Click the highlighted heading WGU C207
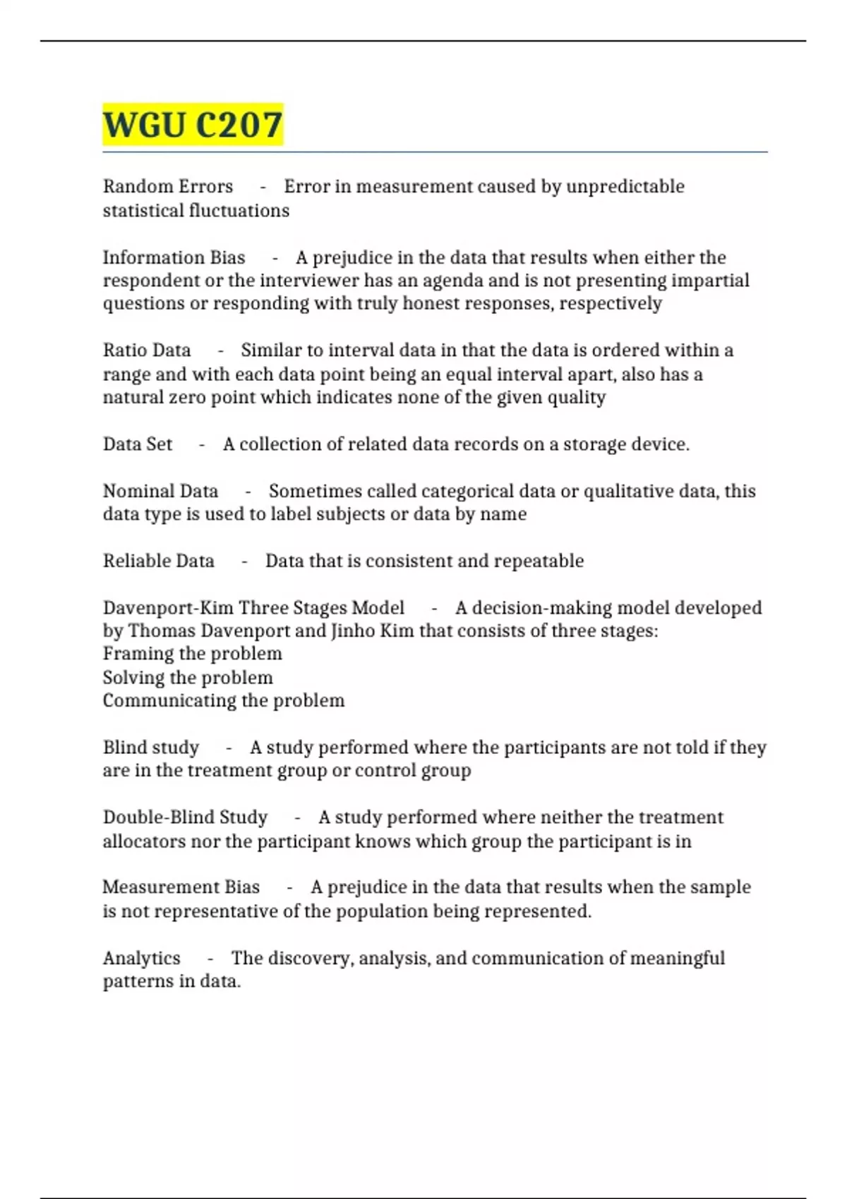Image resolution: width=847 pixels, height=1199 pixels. pos(193,125)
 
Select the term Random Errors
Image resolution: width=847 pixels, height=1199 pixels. pos(168,186)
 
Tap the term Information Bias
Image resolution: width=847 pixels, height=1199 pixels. pos(174,257)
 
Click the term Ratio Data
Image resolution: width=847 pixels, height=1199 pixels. pos(147,351)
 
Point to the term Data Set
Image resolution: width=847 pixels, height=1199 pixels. pos(138,444)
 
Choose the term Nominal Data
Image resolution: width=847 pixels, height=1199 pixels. pos(160,491)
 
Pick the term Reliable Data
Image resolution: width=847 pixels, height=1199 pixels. pos(159,561)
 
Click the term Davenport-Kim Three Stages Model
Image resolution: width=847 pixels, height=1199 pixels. pos(253,608)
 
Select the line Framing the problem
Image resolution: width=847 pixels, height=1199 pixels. pos(192,654)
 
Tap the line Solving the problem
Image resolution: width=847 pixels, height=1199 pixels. pos(188,678)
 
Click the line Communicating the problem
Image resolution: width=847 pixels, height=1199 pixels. pos(224,701)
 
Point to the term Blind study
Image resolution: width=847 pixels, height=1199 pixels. pos(151,748)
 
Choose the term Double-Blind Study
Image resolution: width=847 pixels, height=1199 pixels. pos(185,817)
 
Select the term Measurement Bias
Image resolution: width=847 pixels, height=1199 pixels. pos(181,887)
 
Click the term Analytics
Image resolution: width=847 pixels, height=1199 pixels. pos(142,958)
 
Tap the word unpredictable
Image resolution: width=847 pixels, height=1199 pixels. pos(625,186)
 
